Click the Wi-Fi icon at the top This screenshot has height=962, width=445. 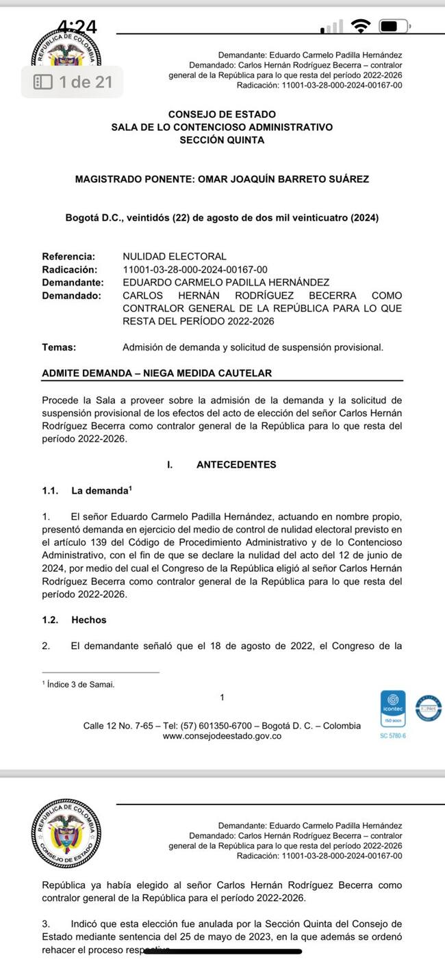pos(359,27)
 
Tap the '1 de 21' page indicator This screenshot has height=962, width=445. pos(74,82)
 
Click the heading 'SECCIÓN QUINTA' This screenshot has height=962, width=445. pos(222,140)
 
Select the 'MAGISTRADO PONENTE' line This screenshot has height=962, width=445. pos(222,179)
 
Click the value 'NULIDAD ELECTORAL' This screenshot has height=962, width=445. pos(174,257)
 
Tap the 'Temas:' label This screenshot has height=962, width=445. pos(59,347)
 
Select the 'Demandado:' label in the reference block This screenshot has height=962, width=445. pos(71,295)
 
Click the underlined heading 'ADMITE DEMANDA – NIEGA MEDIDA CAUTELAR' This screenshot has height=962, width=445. pos(157,373)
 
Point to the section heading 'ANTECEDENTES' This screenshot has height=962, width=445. pos(236,464)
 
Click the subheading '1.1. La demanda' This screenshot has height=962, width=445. pos(86,491)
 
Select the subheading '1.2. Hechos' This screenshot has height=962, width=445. pos(75,620)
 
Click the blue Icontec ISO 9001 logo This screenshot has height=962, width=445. pos(393,711)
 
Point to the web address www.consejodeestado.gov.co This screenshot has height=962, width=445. pos(222,736)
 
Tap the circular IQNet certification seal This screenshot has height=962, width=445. pos(429,708)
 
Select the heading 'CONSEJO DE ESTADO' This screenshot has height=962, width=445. pos(222,114)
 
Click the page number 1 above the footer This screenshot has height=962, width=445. pos(222,698)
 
